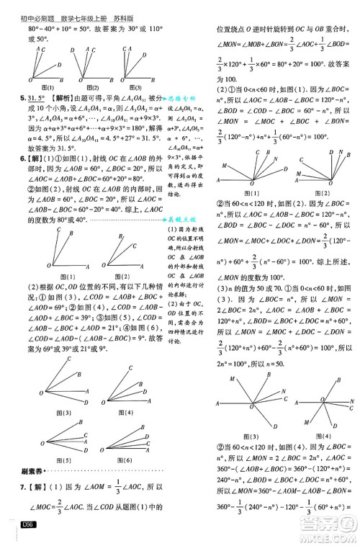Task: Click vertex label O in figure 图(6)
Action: click(98, 445)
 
